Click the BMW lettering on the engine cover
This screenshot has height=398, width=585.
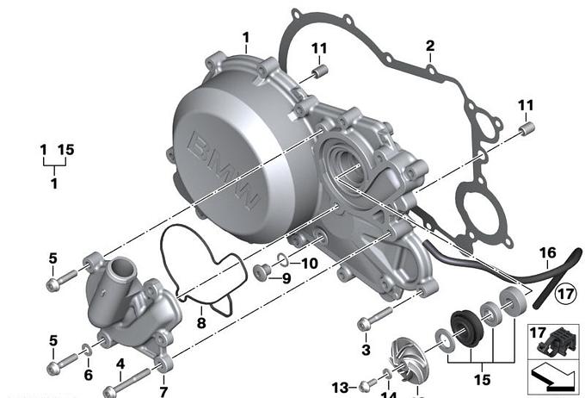pos(223,171)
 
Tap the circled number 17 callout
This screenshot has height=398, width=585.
pos(565,293)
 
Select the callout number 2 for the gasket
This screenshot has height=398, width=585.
pos(430,46)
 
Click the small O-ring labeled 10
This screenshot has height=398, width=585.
pos(284,260)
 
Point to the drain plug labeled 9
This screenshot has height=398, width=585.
pos(262,271)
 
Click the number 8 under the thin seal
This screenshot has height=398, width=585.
pos(201,323)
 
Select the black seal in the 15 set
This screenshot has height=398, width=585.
pos(465,328)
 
